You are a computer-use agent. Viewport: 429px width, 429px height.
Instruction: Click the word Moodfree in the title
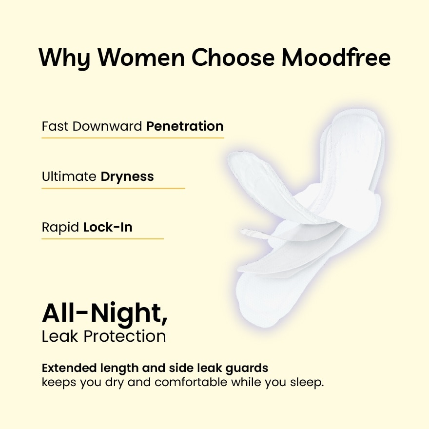click(x=336, y=58)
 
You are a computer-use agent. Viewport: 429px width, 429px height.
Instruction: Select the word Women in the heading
click(x=141, y=58)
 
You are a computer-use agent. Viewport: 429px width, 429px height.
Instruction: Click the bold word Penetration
click(x=185, y=126)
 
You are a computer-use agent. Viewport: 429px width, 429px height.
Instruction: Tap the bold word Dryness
click(x=127, y=176)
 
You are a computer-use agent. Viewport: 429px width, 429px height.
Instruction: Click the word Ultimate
click(x=69, y=176)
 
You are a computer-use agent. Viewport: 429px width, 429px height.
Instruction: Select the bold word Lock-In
click(x=108, y=227)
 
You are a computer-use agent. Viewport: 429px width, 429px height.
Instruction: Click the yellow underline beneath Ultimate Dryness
click(x=113, y=188)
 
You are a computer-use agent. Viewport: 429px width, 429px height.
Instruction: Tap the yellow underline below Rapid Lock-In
click(x=102, y=239)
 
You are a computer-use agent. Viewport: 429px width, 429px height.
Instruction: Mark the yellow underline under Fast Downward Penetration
click(x=133, y=138)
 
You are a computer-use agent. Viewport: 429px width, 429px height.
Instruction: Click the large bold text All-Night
click(x=105, y=313)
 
